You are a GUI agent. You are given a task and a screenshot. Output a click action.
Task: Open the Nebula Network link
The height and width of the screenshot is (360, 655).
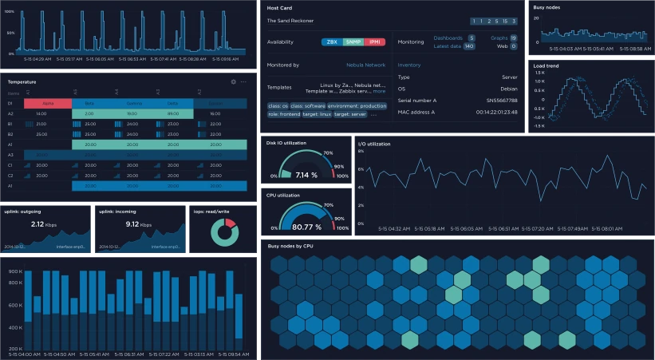(x=365, y=65)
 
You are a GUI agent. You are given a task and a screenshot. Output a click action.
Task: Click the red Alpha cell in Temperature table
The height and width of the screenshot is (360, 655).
(x=48, y=104)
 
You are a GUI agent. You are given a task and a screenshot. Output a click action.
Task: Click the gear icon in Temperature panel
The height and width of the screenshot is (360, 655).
(x=234, y=81)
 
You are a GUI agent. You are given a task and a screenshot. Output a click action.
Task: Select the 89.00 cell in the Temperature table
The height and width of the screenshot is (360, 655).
(x=172, y=114)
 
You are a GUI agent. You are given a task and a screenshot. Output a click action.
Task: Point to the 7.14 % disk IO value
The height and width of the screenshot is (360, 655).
(x=307, y=174)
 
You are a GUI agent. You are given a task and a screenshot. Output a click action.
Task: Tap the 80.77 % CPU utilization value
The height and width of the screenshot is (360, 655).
(x=307, y=227)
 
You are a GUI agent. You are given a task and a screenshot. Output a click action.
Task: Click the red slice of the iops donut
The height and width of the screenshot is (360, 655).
(x=229, y=224)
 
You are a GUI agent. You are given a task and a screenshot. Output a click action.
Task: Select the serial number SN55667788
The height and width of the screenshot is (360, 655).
(x=501, y=101)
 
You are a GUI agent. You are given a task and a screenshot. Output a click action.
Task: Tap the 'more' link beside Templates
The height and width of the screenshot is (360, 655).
(x=379, y=91)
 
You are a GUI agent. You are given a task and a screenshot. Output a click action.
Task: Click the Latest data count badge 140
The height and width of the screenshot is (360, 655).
(x=469, y=46)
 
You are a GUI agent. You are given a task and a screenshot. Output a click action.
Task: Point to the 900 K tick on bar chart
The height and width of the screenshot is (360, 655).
(x=14, y=271)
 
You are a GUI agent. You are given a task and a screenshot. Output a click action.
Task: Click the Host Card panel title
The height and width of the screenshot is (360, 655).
(x=278, y=7)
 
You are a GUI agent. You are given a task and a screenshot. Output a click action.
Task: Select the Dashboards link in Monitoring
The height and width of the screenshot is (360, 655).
(x=448, y=38)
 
